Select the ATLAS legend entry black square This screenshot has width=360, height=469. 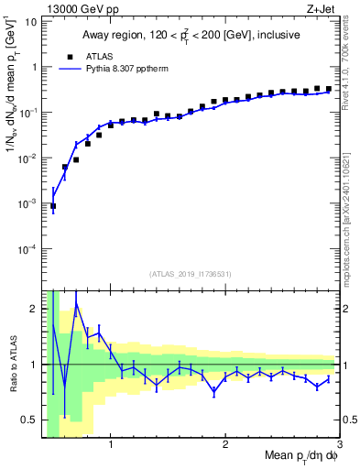[x=66, y=55]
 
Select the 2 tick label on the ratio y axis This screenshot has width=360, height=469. [x=32, y=309]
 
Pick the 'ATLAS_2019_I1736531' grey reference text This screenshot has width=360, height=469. [x=191, y=273]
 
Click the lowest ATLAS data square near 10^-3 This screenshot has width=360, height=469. [x=53, y=206]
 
